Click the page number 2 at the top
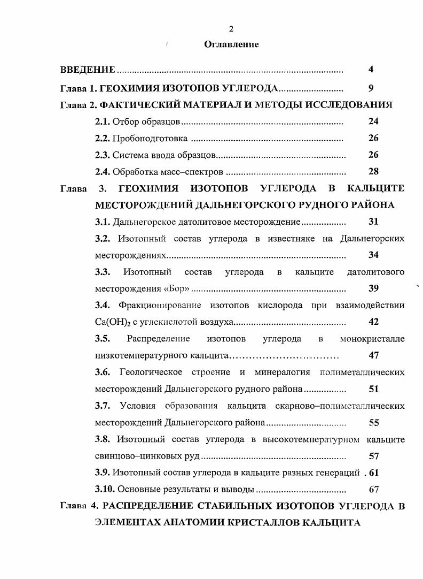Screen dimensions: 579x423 (x=231, y=28)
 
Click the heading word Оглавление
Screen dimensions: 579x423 (x=231, y=44)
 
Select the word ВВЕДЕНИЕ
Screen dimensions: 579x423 (x=88, y=70)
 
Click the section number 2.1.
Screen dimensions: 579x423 (x=103, y=122)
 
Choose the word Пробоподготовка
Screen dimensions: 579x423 (x=150, y=139)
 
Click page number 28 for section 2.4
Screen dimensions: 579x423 (x=373, y=172)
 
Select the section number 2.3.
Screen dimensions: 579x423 (x=103, y=155)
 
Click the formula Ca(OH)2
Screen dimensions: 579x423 (x=114, y=322)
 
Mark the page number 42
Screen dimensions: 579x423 (x=373, y=322)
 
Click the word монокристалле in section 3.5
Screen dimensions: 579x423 (x=372, y=339)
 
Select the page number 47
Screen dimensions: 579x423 (x=373, y=355)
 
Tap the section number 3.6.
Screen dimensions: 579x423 (x=103, y=372)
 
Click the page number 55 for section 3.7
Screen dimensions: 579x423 (x=373, y=423)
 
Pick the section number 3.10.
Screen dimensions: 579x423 (x=105, y=489)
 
